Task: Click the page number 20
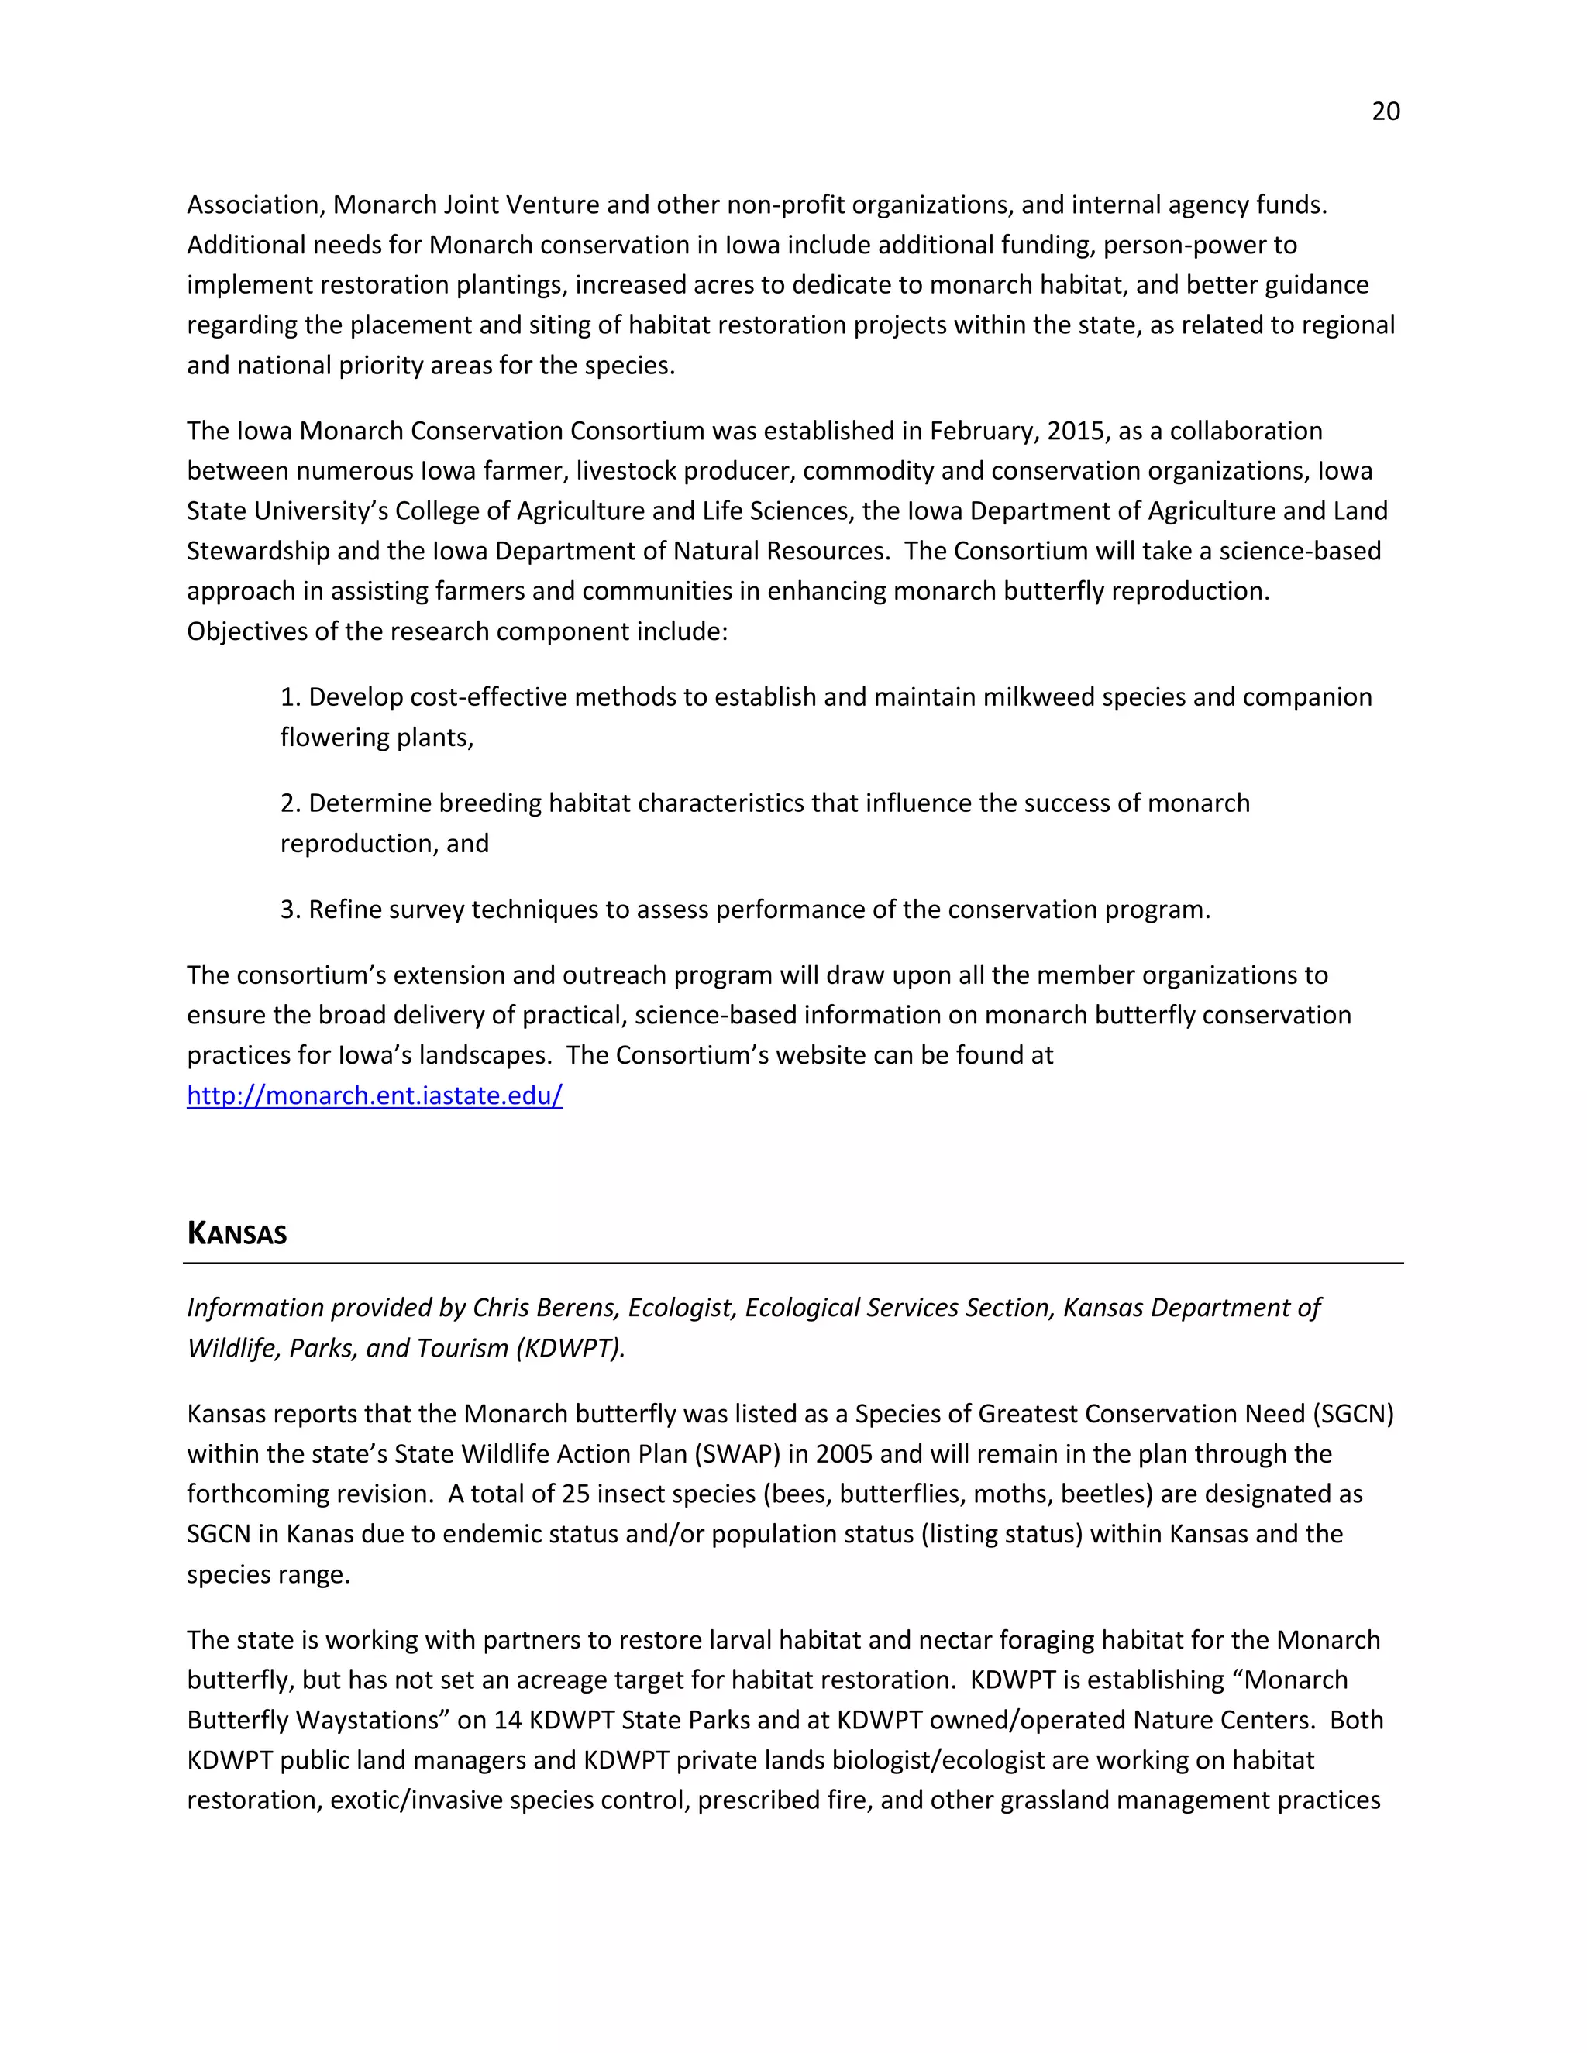pyautogui.click(x=1385, y=112)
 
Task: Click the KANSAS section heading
pyautogui.click(x=237, y=1233)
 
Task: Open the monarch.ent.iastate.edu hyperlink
pyautogui.click(x=374, y=1095)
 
